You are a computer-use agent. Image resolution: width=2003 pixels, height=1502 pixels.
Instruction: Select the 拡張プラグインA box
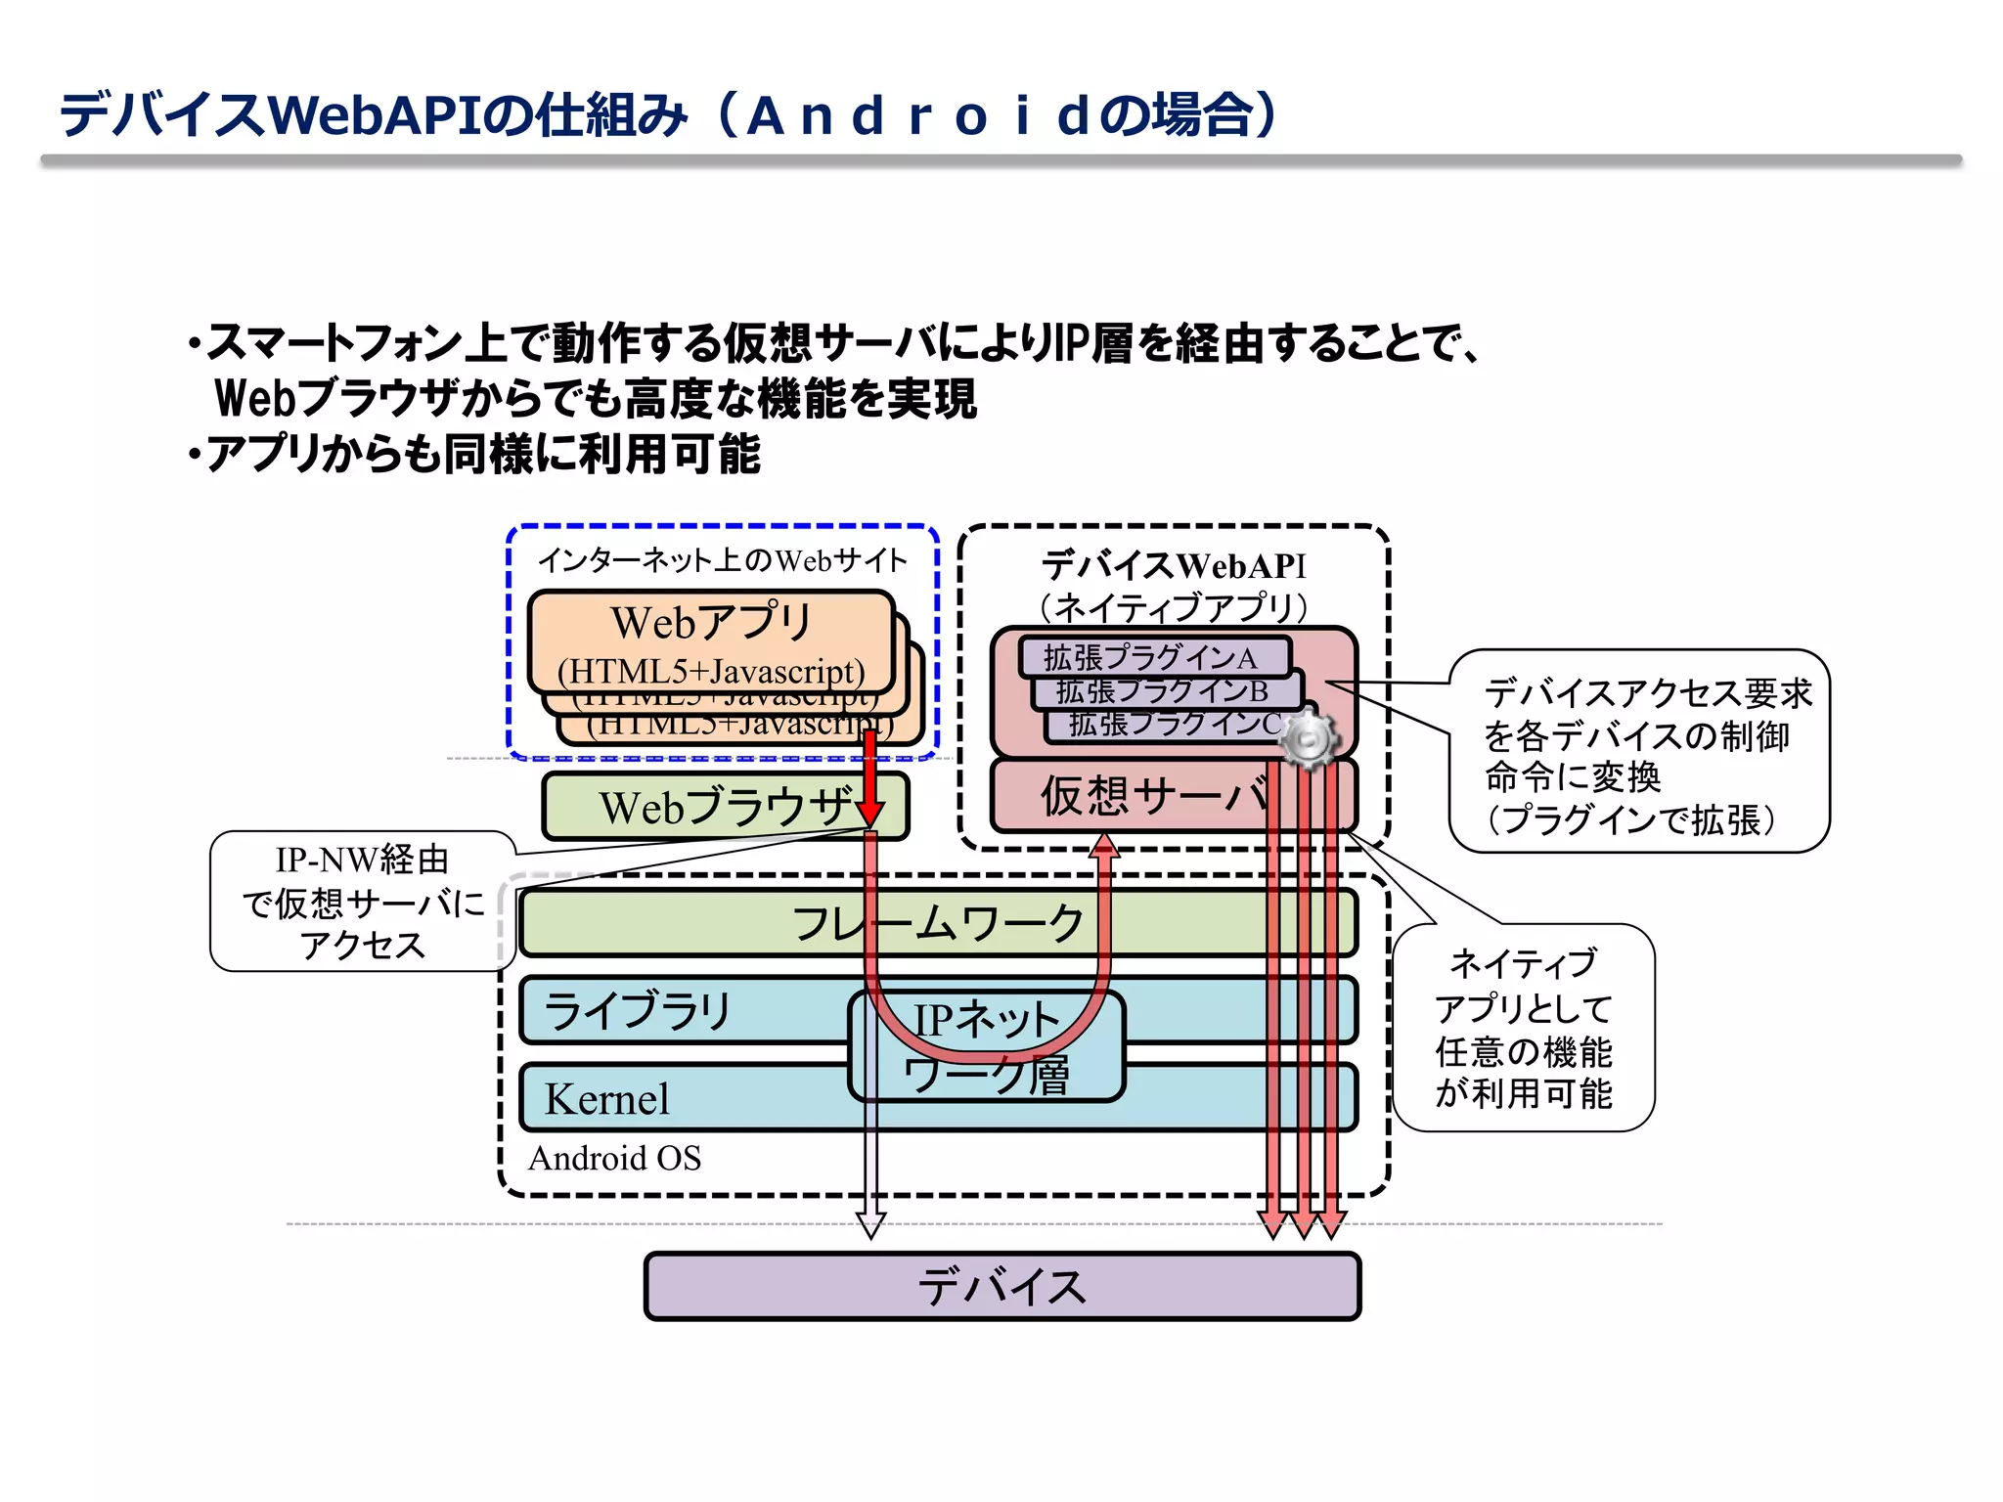coord(1154,657)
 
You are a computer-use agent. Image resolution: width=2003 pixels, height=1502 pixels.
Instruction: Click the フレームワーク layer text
coord(937,923)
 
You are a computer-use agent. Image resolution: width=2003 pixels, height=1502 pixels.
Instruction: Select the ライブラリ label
coord(638,1010)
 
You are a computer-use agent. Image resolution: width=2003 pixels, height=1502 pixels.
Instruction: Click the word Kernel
coord(607,1099)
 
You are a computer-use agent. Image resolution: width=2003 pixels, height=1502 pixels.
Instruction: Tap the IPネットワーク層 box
coord(987,1047)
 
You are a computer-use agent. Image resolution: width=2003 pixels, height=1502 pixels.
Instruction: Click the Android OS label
coord(615,1159)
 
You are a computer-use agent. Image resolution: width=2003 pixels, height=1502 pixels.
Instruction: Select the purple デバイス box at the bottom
coord(1001,1286)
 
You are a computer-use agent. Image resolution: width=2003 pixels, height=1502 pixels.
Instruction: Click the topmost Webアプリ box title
coord(711,622)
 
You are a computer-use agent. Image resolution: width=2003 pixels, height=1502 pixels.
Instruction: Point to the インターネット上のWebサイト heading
coord(723,560)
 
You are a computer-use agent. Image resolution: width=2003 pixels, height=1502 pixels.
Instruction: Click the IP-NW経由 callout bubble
coord(362,902)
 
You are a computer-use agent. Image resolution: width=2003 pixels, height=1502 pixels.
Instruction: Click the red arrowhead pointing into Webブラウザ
coord(869,812)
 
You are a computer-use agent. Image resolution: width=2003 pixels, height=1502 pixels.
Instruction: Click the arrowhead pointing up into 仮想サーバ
coord(1104,845)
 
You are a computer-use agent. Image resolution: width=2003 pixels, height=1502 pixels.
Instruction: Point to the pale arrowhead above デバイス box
coord(870,1224)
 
